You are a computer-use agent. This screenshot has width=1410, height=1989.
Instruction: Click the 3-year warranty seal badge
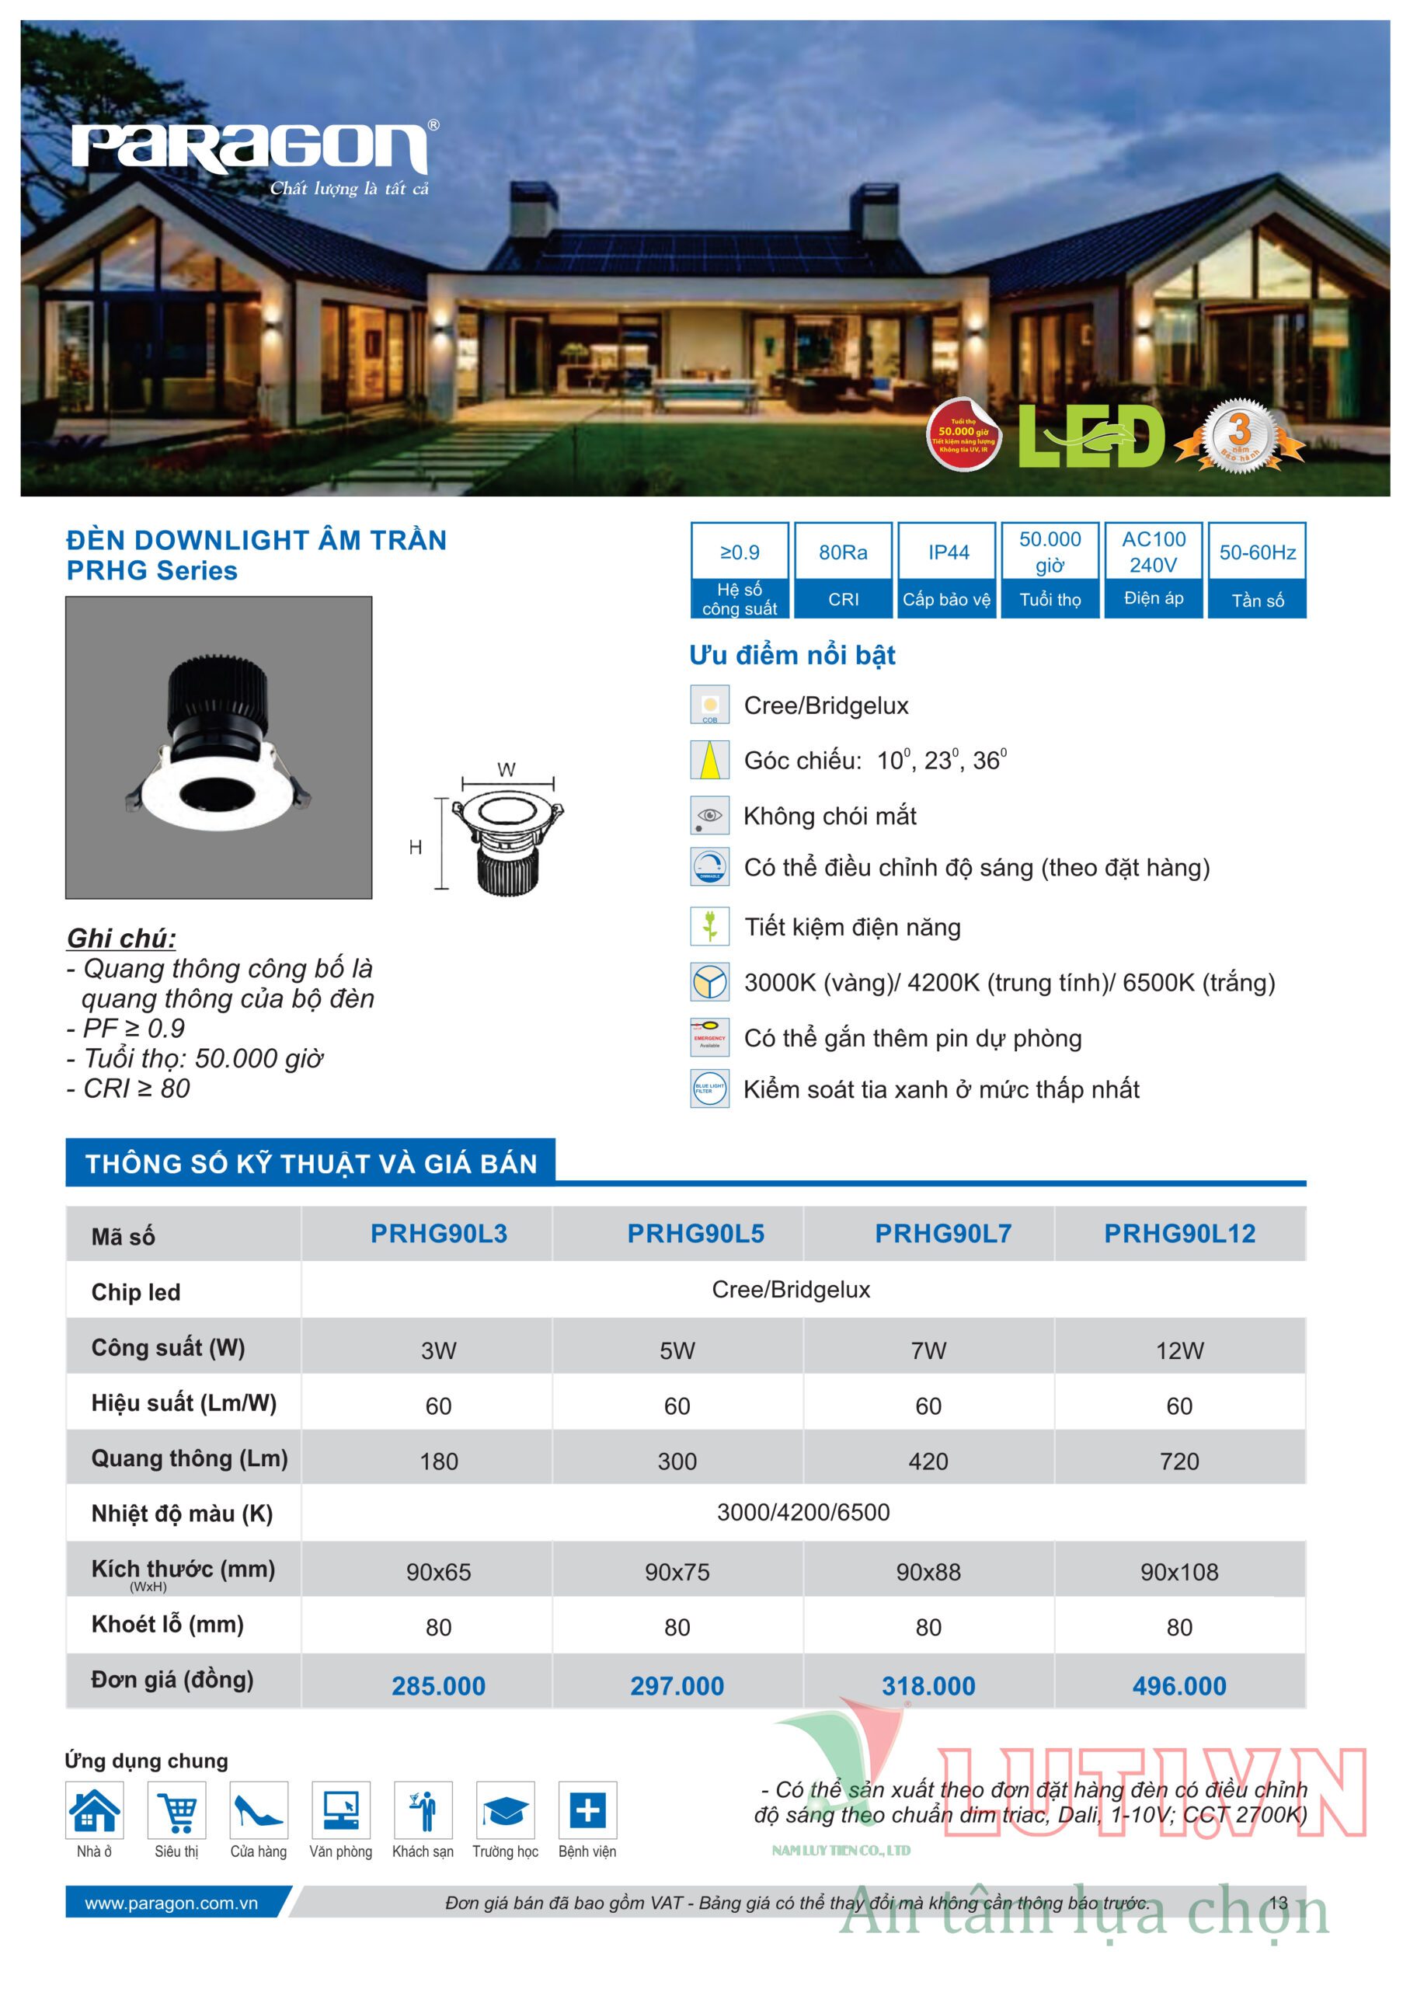[x=1240, y=435]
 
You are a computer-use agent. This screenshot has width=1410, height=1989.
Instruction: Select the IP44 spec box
[x=947, y=552]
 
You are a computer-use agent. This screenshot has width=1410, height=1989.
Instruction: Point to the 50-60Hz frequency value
[x=1256, y=553]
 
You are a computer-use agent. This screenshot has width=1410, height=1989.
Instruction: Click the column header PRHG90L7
[x=943, y=1234]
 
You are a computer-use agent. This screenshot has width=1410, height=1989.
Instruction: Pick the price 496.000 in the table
[x=1179, y=1686]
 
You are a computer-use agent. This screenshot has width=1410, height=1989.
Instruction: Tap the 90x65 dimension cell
[x=438, y=1573]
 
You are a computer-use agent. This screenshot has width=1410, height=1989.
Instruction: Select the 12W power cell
[x=1179, y=1351]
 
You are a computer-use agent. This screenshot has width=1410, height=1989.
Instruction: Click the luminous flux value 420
[x=928, y=1462]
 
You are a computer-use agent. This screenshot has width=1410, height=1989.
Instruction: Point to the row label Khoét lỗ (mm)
[x=168, y=1625]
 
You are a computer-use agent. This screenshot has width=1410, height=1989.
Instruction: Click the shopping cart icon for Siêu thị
[x=177, y=1811]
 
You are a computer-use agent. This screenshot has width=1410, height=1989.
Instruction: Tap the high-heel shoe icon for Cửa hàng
[x=258, y=1811]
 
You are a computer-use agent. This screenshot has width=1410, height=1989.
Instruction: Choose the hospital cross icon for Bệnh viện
[x=587, y=1811]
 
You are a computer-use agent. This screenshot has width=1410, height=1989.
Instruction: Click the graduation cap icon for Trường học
[x=504, y=1811]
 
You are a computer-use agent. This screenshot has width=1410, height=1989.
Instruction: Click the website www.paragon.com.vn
[x=171, y=1904]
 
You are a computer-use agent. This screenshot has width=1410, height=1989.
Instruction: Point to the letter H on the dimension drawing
[x=416, y=848]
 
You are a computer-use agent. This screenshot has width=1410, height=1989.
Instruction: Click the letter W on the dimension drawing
[x=507, y=770]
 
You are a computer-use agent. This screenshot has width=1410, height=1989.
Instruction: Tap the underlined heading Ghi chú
[x=121, y=939]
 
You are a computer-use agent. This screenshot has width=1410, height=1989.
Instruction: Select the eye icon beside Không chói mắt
[x=709, y=815]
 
